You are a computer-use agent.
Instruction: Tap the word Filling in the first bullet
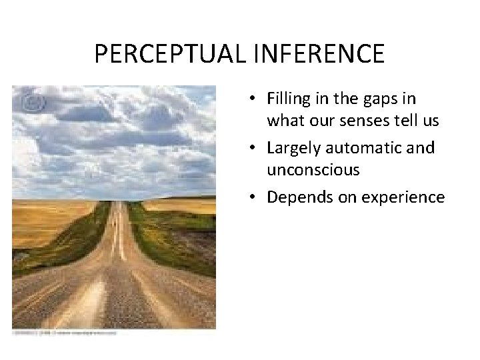[289, 99]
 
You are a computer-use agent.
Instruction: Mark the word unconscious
[313, 170]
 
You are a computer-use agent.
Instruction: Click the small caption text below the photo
[63, 331]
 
